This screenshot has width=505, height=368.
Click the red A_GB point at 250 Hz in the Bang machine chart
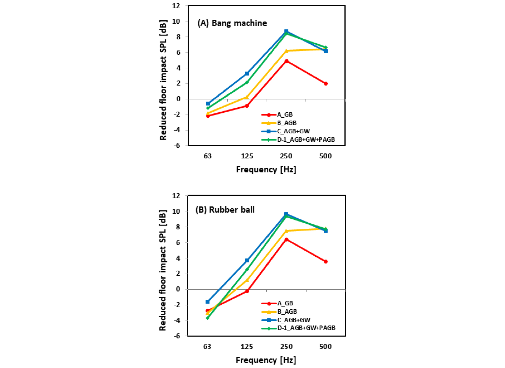pos(286,61)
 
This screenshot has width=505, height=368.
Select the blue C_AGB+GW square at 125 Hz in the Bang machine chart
pos(247,73)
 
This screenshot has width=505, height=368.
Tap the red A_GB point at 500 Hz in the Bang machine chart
pos(326,84)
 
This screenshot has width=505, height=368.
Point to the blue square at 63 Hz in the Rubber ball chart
pos(207,302)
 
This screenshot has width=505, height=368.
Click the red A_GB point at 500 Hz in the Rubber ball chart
pos(326,262)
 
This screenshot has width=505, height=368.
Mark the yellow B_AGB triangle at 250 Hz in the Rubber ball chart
pos(286,231)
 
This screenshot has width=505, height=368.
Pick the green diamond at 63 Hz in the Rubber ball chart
pos(207,318)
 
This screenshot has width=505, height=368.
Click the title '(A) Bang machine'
pos(232,23)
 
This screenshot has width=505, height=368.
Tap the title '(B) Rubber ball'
pos(225,210)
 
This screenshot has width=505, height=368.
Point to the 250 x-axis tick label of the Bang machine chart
pos(286,156)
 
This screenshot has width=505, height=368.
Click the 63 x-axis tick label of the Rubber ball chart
pos(207,347)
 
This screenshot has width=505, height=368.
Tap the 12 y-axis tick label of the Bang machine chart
pos(176,6)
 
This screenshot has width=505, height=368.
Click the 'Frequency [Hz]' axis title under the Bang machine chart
pos(266,169)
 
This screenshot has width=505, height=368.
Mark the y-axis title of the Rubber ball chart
pos(163,270)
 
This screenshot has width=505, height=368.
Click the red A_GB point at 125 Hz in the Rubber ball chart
pos(247,291)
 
